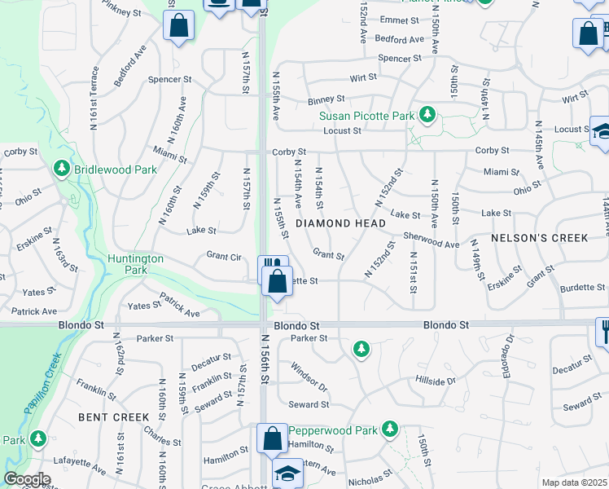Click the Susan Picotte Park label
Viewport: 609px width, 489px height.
(x=366, y=116)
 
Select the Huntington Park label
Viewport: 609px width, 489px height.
(x=136, y=264)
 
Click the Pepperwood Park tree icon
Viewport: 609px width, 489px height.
(x=390, y=429)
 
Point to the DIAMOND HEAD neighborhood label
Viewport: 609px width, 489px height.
(x=340, y=223)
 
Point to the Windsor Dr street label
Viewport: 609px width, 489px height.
(x=308, y=377)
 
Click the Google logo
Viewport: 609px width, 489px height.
(x=27, y=479)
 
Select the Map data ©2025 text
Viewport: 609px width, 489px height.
(x=574, y=482)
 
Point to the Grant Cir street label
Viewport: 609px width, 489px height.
(x=225, y=257)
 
